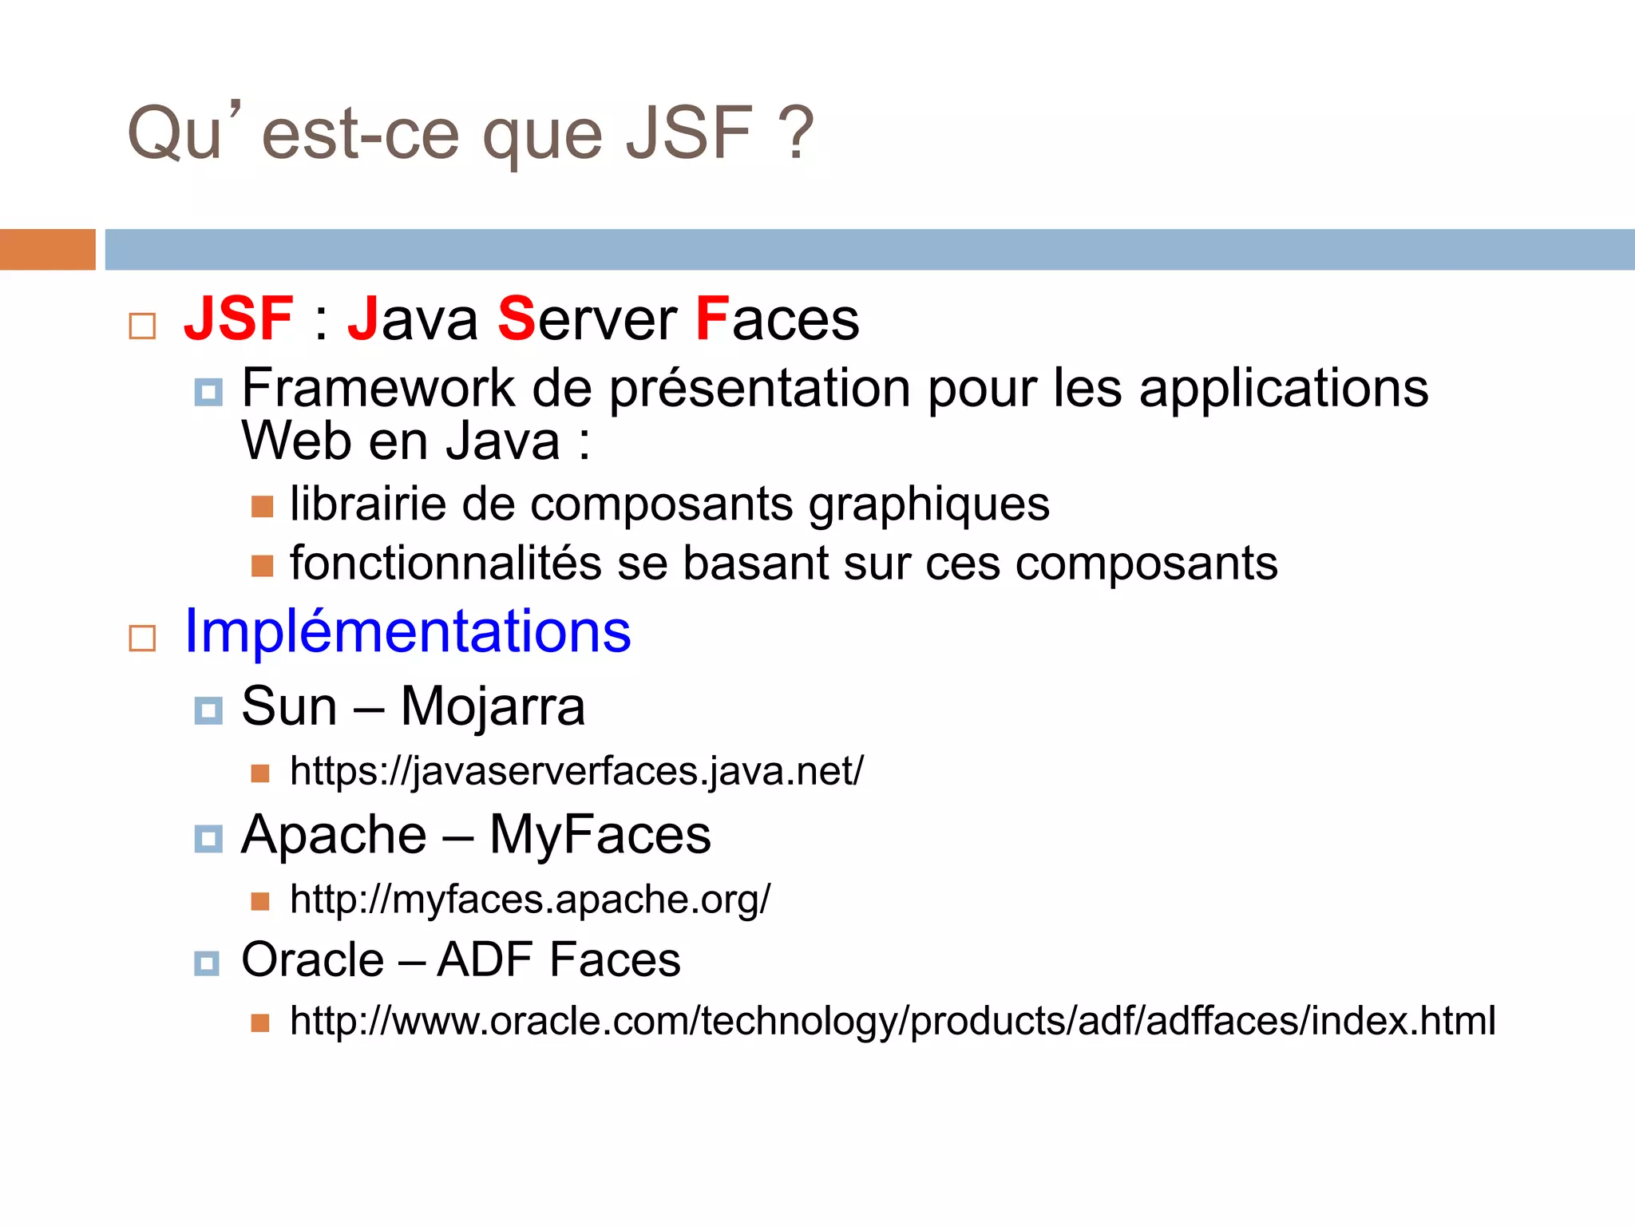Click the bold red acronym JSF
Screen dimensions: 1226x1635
click(239, 319)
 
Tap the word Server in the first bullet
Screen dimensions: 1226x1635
click(588, 319)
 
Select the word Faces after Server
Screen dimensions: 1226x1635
click(777, 319)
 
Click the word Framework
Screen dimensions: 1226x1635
click(378, 390)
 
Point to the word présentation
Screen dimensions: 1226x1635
click(759, 390)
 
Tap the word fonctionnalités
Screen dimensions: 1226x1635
click(445, 564)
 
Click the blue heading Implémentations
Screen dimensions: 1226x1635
click(407, 631)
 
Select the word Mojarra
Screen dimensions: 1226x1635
click(493, 707)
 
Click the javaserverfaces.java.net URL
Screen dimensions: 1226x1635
click(576, 772)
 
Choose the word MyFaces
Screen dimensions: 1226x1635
click(600, 836)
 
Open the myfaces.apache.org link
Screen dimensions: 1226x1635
click(530, 900)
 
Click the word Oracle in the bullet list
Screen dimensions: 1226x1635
click(313, 959)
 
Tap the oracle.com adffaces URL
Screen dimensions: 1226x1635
click(893, 1022)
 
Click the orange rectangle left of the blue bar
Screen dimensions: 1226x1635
click(48, 250)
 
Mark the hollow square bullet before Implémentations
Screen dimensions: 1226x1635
click(142, 639)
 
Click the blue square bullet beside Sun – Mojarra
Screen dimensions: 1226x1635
click(208, 710)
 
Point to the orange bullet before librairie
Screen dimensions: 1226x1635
click(262, 507)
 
